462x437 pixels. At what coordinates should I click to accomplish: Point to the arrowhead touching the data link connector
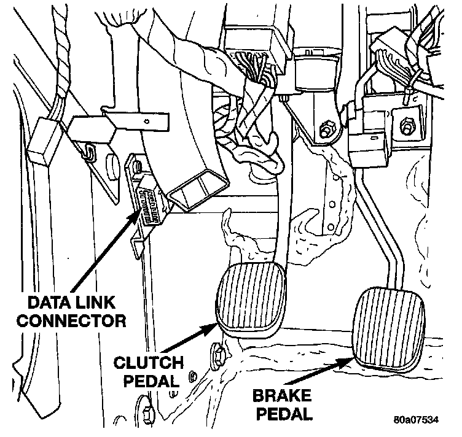(x=139, y=215)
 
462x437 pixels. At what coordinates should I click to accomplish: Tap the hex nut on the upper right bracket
(x=406, y=128)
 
